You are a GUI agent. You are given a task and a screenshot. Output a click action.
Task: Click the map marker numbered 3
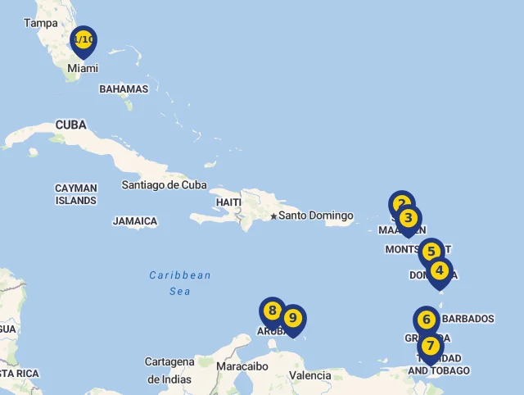409,219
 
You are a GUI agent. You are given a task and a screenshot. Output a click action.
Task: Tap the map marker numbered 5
431,252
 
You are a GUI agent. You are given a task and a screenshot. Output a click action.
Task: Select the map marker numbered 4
440,270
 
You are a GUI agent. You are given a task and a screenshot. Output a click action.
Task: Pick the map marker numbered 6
427,320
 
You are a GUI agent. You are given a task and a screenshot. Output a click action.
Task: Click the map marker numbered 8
272,311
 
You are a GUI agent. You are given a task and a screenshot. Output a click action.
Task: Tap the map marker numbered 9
292,318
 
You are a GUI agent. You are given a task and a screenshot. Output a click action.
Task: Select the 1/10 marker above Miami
84,40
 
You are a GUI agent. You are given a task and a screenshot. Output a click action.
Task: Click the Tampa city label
41,23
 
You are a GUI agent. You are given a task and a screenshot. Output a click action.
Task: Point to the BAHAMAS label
124,89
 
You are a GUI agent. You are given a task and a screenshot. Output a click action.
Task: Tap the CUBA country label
71,125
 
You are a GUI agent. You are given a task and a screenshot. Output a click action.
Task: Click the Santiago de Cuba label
164,184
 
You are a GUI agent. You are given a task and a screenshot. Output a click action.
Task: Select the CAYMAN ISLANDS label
76,194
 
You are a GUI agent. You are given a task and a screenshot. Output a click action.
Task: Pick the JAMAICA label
135,221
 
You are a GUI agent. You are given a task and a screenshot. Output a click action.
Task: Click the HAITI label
228,202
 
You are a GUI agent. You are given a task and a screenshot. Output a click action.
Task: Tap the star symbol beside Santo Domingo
273,216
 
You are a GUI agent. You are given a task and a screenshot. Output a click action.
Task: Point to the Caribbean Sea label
180,283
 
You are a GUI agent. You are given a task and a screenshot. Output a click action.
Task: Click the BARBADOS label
468,318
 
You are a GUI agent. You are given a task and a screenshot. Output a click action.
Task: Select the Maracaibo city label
242,366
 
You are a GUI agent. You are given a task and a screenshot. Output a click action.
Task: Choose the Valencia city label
309,375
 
